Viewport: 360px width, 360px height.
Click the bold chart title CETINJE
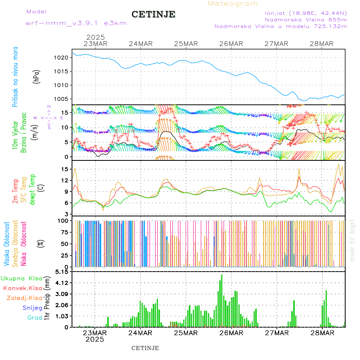click(x=153, y=14)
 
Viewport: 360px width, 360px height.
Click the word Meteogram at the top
click(x=233, y=4)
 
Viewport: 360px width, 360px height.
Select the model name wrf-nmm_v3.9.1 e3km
click(x=76, y=23)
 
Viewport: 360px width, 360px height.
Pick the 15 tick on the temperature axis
click(x=65, y=169)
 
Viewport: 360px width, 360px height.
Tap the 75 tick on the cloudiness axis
click(x=64, y=232)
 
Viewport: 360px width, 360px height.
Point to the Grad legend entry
click(x=34, y=318)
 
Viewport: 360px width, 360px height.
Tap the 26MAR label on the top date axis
click(x=231, y=44)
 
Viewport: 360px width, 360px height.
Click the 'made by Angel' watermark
click(x=352, y=240)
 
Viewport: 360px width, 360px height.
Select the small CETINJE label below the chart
click(x=145, y=348)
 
